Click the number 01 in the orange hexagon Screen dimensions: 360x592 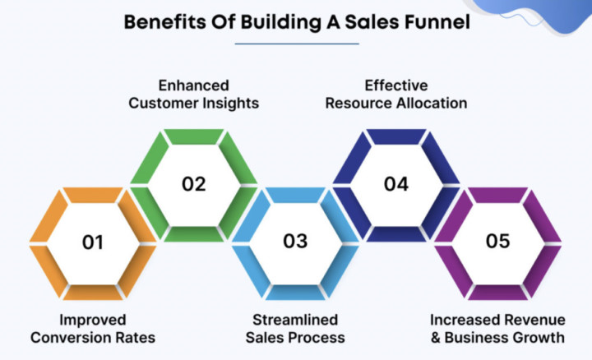click(x=93, y=242)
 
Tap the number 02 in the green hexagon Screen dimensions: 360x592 click(x=194, y=183)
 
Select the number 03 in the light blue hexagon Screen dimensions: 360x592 click(x=295, y=242)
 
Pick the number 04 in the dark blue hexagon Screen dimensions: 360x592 click(x=396, y=183)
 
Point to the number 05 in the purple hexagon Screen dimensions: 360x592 click(x=497, y=242)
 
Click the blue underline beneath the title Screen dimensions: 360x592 click(x=296, y=42)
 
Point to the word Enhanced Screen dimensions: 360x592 click(x=194, y=85)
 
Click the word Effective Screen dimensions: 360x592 click(x=396, y=85)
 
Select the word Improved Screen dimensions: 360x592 click(x=93, y=320)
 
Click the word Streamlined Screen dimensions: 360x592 click(x=295, y=320)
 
